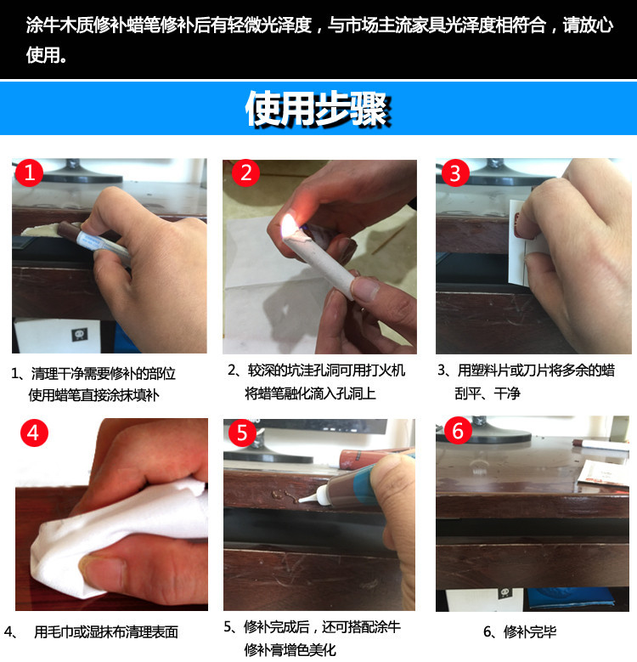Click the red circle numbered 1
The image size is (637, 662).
pyautogui.click(x=29, y=173)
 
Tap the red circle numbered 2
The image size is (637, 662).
pyautogui.click(x=246, y=173)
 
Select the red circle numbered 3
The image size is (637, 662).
pyautogui.click(x=455, y=173)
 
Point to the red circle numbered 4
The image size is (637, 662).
pyautogui.click(x=34, y=433)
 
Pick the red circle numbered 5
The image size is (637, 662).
pyautogui.click(x=242, y=433)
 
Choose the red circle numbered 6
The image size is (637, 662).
pyautogui.click(x=458, y=431)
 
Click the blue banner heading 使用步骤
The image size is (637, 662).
pyautogui.click(x=318, y=109)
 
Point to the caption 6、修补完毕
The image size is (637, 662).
pyautogui.click(x=520, y=631)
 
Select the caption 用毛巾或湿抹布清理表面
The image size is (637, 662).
pyautogui.click(x=106, y=631)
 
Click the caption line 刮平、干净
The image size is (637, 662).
pyautogui.click(x=488, y=393)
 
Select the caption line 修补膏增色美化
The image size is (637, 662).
pyautogui.click(x=290, y=649)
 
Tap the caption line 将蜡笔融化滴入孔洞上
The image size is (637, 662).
pyautogui.click(x=310, y=393)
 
